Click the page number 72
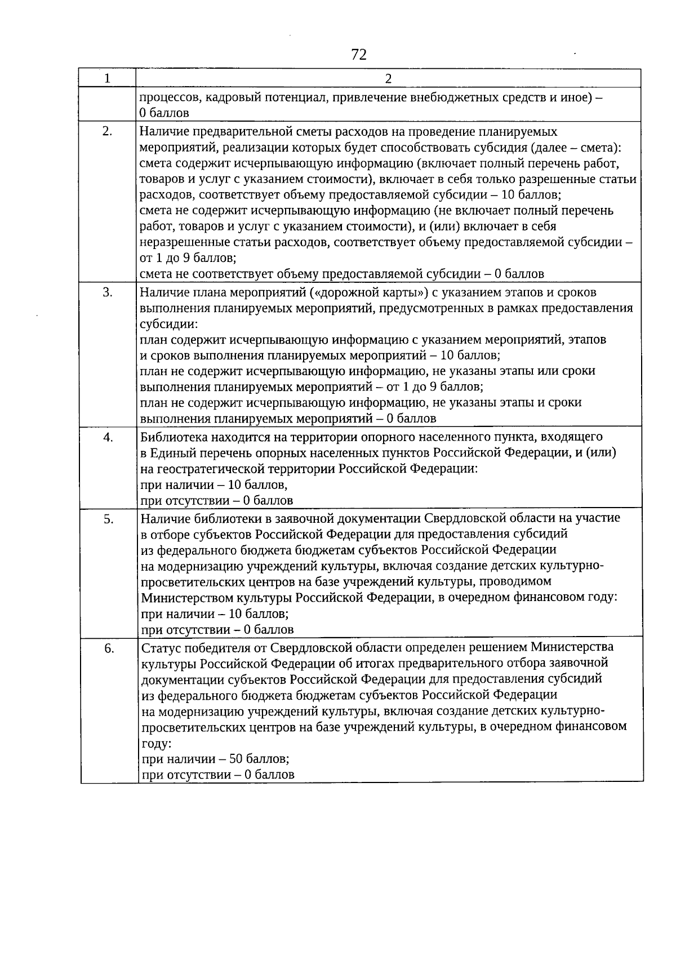(359, 55)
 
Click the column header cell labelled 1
(107, 78)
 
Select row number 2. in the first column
(107, 132)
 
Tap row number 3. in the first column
(108, 292)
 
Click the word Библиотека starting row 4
(168, 437)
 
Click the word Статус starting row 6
(159, 647)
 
